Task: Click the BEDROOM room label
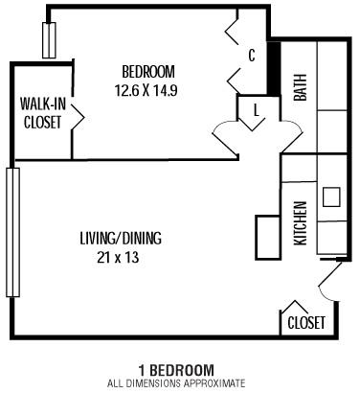[x=147, y=71]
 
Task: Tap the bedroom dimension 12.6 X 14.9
[x=147, y=90]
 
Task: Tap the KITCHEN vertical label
[x=300, y=222]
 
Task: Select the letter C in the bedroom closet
[x=252, y=56]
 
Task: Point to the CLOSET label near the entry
[x=306, y=323]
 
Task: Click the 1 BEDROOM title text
[x=176, y=370]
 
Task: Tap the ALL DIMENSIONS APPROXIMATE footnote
[x=176, y=383]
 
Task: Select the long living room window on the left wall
[x=12, y=233]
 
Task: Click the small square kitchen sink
[x=331, y=197]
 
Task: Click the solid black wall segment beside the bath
[x=272, y=70]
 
